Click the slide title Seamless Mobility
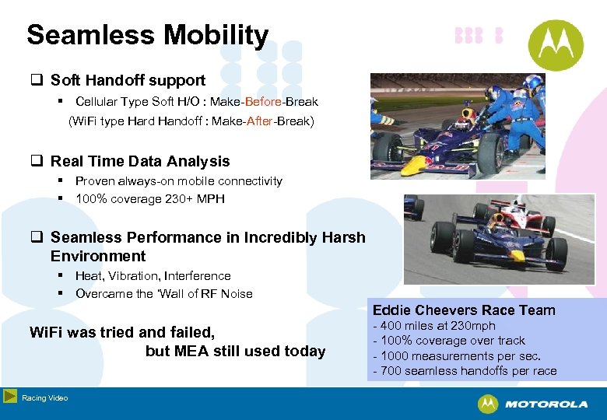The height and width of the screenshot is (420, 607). [x=147, y=36]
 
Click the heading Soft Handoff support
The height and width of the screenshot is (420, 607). [x=128, y=80]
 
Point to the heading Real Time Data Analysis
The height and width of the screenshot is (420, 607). [x=140, y=162]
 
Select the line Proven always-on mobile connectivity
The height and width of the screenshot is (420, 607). [x=178, y=181]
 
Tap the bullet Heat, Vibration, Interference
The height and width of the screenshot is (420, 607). [x=153, y=276]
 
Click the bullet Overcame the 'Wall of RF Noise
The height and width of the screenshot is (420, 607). [x=163, y=294]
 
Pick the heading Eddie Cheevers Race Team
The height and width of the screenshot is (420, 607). [x=464, y=310]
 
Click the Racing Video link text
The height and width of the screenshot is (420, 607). [x=44, y=398]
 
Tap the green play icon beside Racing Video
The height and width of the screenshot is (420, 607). [x=10, y=397]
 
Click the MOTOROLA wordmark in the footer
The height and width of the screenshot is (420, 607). [x=546, y=404]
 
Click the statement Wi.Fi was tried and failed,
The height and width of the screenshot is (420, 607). [x=121, y=332]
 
